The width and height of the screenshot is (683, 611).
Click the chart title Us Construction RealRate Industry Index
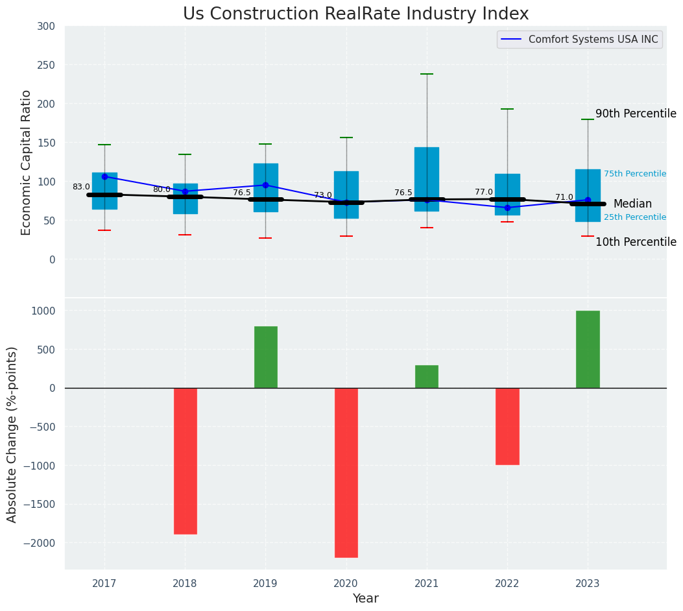pos(355,14)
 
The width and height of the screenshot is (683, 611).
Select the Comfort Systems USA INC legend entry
pos(593,40)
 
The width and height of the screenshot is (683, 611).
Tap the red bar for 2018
pos(185,461)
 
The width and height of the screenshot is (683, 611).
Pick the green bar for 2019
pos(265,357)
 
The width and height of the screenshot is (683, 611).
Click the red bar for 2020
pos(346,472)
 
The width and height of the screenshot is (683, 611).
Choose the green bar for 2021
pos(426,376)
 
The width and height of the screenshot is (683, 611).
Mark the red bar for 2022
pos(507,426)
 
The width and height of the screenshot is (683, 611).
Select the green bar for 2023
pos(588,349)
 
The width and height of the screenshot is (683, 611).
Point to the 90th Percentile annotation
pos(636,114)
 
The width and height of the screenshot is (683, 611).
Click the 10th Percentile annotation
pos(636,242)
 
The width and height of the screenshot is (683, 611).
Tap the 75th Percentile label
pos(635,174)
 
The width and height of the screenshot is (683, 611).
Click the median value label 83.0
pos(81,187)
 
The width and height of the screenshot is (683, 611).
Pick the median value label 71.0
pos(564,197)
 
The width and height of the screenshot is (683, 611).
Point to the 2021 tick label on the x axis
pos(426,584)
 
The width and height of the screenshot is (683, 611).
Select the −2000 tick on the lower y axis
pos(40,543)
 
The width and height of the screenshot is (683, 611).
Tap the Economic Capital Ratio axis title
pos(27,162)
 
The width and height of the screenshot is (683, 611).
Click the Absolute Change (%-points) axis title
pos(12,434)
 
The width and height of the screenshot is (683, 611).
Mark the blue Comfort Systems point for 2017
pos(104,176)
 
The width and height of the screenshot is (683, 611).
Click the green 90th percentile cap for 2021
pos(426,74)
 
